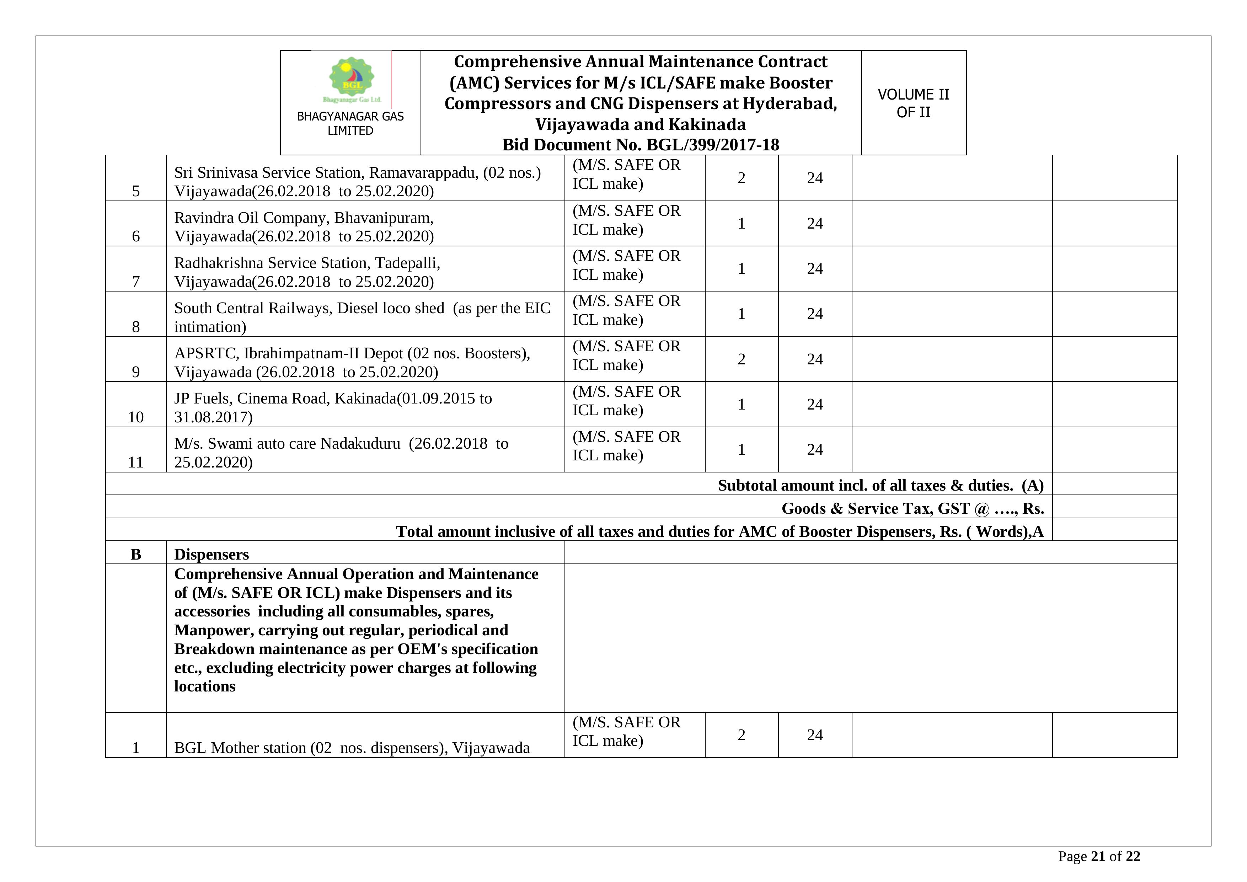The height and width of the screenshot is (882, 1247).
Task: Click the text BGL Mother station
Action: click(240, 748)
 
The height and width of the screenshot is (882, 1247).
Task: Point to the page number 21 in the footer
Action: click(1098, 856)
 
